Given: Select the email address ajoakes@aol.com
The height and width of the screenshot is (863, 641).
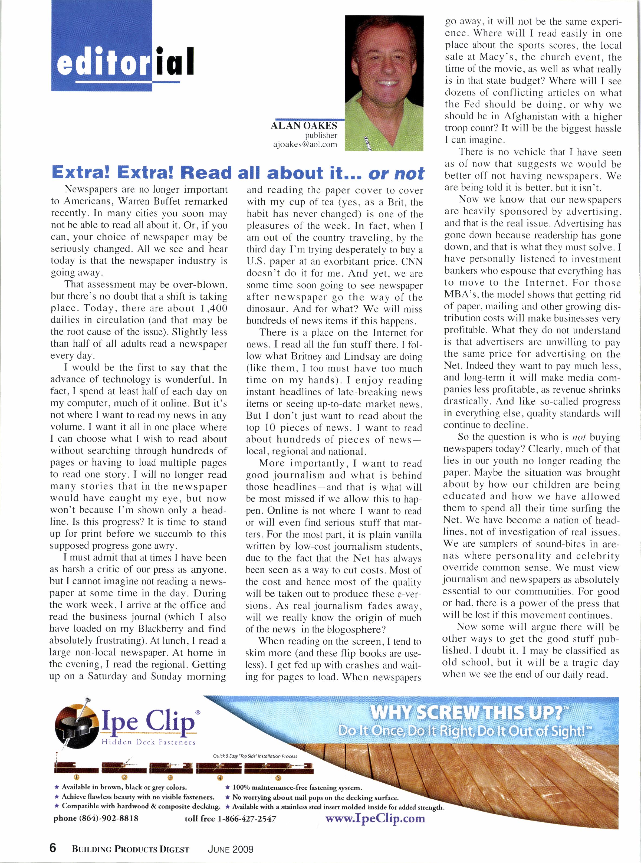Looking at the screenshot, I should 305,145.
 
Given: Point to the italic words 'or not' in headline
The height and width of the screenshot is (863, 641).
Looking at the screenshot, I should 397,173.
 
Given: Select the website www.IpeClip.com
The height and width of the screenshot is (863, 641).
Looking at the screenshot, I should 375,819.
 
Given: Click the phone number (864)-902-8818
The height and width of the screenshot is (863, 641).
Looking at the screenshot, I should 96,818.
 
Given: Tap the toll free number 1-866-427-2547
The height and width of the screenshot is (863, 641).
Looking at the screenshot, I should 231,819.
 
